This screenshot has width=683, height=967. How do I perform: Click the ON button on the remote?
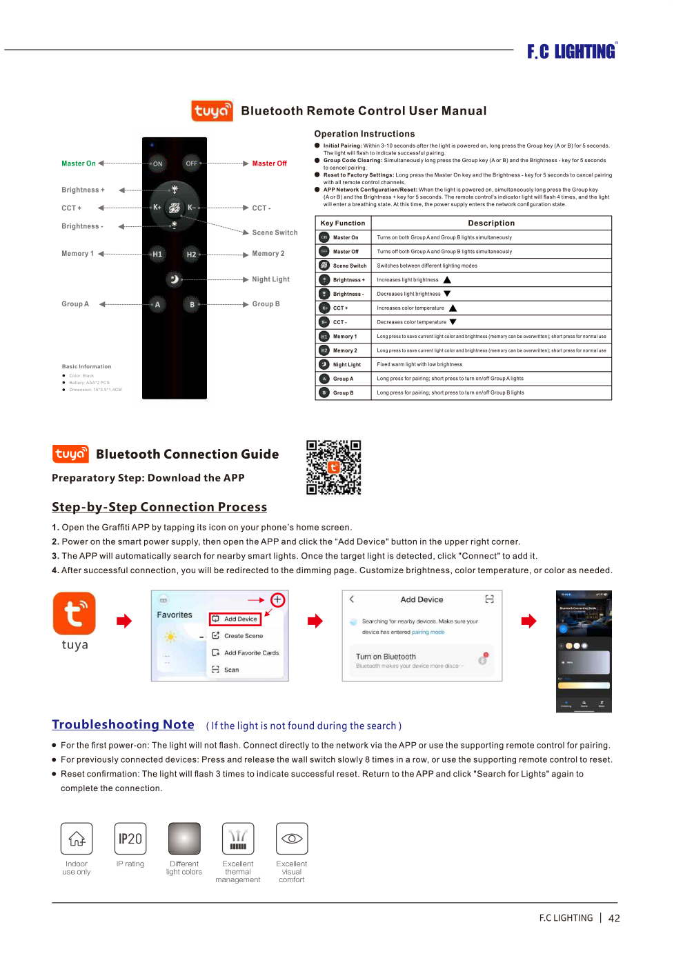click(x=157, y=164)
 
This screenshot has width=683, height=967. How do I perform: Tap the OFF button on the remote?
click(x=192, y=163)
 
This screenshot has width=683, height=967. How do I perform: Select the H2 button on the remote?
click(x=191, y=255)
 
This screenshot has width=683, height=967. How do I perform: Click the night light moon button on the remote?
click(x=175, y=279)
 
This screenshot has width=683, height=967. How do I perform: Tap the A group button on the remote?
click(x=157, y=304)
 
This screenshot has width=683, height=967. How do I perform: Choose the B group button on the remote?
click(x=192, y=304)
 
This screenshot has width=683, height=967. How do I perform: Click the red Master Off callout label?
click(x=269, y=163)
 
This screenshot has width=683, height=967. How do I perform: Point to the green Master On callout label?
click(x=79, y=163)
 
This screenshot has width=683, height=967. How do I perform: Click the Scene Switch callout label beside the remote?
click(x=275, y=232)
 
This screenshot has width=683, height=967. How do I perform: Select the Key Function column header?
click(x=343, y=223)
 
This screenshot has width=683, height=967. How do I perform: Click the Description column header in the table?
click(x=491, y=223)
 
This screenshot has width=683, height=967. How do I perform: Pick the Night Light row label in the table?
click(x=347, y=365)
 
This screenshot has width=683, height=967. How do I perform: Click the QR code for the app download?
click(x=334, y=468)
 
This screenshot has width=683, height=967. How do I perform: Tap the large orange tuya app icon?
click(x=75, y=613)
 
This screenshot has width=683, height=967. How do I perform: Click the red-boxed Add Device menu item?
click(x=236, y=619)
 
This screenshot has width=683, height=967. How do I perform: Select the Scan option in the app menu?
click(x=231, y=670)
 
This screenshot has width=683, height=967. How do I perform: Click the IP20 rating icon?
click(x=130, y=839)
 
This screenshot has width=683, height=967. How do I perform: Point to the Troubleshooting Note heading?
click(x=123, y=724)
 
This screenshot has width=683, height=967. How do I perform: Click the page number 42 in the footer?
click(x=614, y=919)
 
